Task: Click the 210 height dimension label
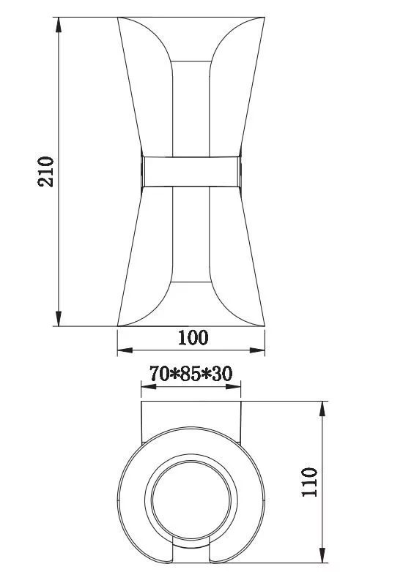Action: tap(45, 171)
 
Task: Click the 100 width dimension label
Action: tap(193, 337)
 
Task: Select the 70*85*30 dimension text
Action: tap(191, 374)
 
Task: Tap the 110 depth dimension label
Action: tap(309, 481)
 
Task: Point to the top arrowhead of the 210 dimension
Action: tap(59, 25)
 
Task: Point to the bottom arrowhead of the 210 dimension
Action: tap(59, 318)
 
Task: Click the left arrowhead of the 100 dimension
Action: tap(125, 350)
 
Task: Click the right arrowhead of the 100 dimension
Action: tap(257, 350)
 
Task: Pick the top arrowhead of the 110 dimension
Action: tap(322, 409)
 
